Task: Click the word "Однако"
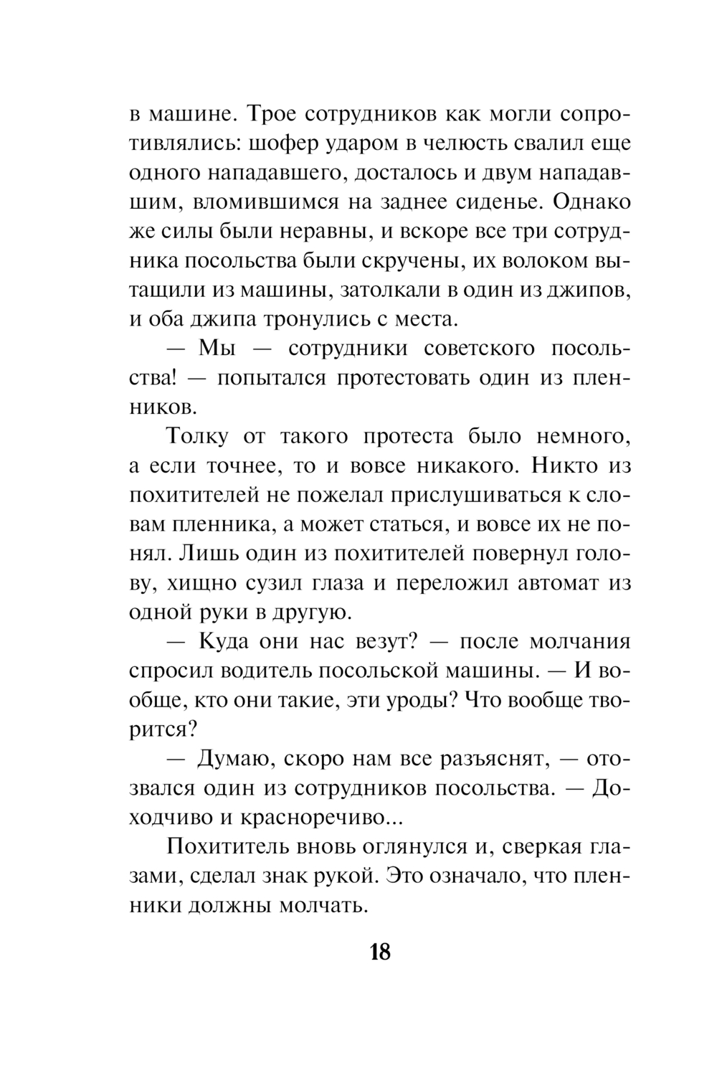pos(592,202)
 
